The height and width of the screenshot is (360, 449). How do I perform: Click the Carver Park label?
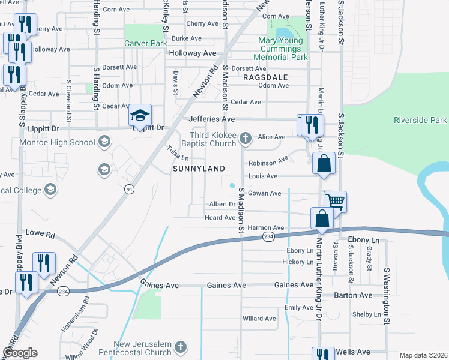[x=145, y=43]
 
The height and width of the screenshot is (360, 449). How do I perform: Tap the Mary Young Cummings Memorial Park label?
[x=282, y=49]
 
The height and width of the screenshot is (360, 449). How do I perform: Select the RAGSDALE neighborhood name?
[x=265, y=77]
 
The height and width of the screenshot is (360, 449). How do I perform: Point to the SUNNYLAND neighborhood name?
[x=199, y=169]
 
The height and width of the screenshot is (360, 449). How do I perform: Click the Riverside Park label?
[x=420, y=120]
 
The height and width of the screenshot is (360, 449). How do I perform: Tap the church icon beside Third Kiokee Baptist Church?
[x=244, y=139]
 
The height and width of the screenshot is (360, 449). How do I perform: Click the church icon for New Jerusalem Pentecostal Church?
[x=181, y=347]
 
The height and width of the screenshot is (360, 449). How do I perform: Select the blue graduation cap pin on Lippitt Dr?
[x=140, y=115]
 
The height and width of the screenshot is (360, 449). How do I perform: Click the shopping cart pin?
[x=335, y=202]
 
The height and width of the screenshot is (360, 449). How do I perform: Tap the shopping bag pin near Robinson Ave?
[x=324, y=163]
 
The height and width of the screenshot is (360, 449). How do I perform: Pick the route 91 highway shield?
[x=128, y=189]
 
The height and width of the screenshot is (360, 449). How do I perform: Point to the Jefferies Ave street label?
[x=212, y=119]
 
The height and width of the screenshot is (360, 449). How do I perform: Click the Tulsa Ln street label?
[x=178, y=153]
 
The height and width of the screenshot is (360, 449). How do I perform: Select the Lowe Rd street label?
[x=40, y=232]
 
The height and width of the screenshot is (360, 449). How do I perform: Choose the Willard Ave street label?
[x=259, y=318]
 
